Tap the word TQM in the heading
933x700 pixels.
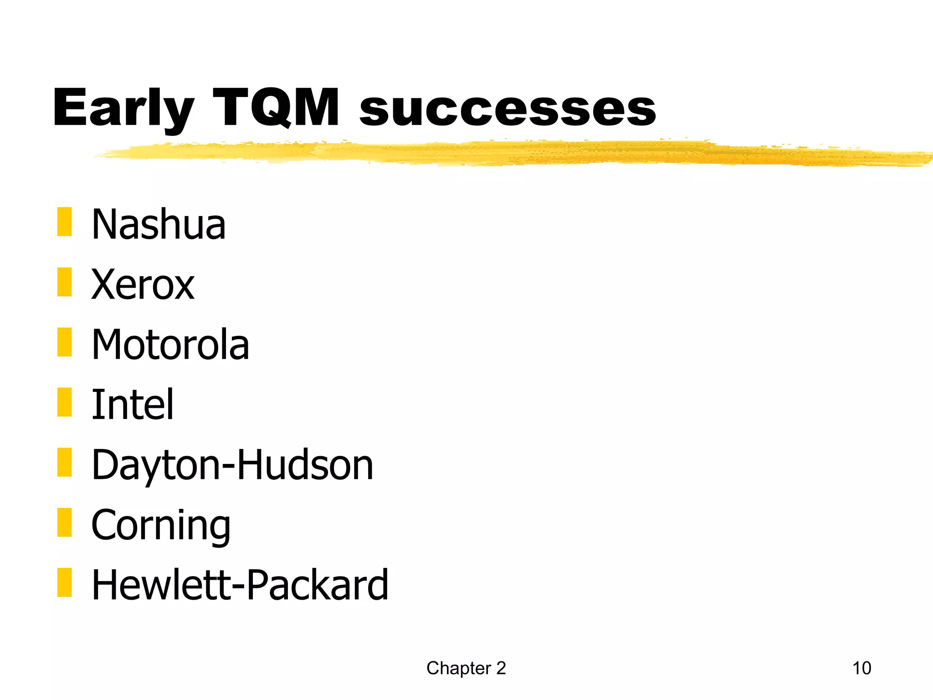point(276,108)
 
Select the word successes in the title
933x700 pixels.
point(508,109)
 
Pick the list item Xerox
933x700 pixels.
point(143,284)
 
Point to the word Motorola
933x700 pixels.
point(170,345)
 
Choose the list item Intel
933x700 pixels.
point(133,404)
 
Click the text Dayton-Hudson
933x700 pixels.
point(232,465)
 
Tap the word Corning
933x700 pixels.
point(161,525)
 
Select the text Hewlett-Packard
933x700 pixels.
point(240,585)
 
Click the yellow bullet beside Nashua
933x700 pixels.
point(65,222)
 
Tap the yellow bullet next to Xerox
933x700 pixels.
point(65,282)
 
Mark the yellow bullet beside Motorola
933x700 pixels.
point(65,342)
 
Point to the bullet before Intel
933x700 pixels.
point(65,402)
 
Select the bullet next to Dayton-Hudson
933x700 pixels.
point(65,462)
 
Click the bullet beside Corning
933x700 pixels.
point(65,522)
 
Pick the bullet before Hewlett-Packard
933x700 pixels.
point(65,582)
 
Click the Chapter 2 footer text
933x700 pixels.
point(466,668)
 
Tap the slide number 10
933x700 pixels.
point(861,668)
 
